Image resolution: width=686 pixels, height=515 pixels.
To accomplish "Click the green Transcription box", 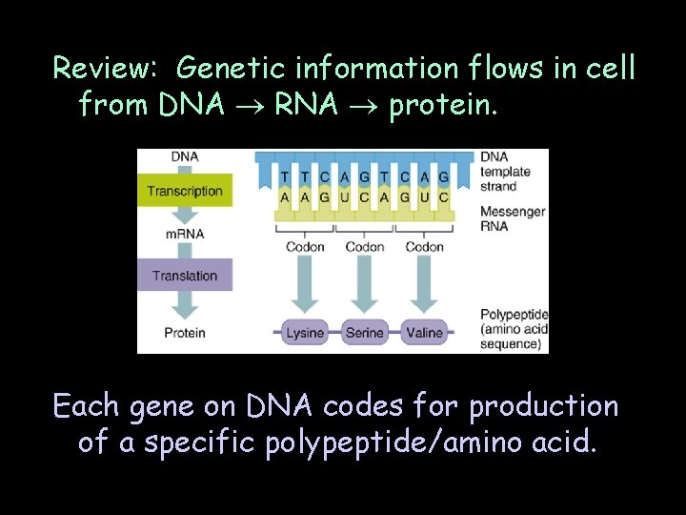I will [x=184, y=191].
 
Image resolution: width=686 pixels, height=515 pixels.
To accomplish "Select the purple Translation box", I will [x=184, y=276].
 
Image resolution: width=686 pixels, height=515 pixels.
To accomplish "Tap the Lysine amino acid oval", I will [x=305, y=333].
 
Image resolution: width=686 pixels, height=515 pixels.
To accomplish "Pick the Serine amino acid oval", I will [x=364, y=333].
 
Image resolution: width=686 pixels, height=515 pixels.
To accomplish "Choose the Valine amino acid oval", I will [x=423, y=333].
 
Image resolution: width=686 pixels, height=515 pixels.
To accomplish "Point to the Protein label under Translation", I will [x=184, y=333].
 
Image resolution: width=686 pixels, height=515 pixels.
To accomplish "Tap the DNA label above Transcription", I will [x=185, y=157].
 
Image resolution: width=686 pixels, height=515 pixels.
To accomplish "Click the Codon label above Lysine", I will [x=305, y=247].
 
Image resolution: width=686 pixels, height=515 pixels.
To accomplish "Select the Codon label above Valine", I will [x=424, y=247].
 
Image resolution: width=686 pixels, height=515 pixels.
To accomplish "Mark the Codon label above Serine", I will [x=365, y=247].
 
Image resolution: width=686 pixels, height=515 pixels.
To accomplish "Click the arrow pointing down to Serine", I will [x=364, y=286].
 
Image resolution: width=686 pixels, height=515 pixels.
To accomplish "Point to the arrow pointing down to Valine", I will [x=423, y=286].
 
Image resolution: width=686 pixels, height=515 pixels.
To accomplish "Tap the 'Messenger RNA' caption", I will [x=513, y=218].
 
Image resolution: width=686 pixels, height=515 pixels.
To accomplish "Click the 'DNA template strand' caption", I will [x=505, y=173].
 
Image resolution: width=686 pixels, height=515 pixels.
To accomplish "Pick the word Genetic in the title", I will [x=232, y=69].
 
